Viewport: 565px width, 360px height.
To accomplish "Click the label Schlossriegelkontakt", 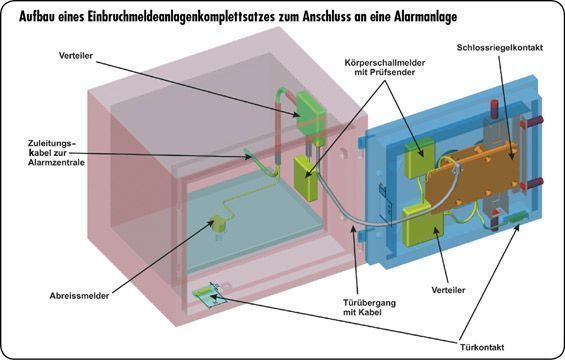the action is point(500,47).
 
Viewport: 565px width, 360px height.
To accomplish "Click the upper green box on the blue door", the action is point(421,154).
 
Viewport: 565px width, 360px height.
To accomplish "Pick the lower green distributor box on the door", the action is point(419,226).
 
